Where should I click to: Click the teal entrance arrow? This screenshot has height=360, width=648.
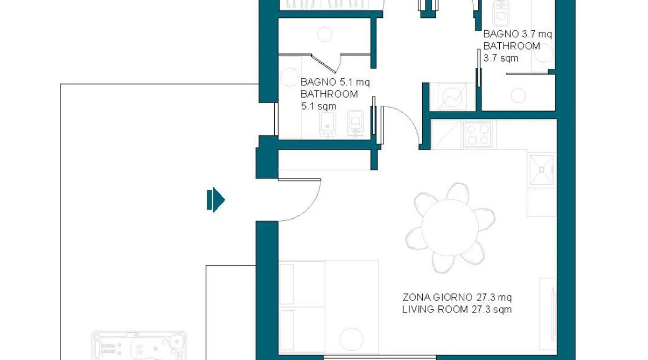(x=216, y=200)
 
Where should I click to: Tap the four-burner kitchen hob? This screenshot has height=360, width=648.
(x=478, y=134)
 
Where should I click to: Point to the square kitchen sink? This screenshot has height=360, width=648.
(x=541, y=170)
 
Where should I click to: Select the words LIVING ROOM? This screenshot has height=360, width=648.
(x=435, y=309)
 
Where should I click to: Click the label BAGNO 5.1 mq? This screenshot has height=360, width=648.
(x=335, y=82)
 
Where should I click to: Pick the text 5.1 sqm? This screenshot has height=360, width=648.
(x=319, y=106)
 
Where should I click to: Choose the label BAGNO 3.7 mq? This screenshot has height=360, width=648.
(x=517, y=34)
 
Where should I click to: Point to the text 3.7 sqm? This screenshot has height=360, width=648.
(x=501, y=58)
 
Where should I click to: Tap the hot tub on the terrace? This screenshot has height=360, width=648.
(x=139, y=346)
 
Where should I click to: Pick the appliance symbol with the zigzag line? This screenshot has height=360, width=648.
(x=452, y=96)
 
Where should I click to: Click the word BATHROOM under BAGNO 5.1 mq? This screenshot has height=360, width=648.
(x=329, y=94)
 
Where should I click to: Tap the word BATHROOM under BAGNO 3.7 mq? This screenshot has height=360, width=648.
(x=512, y=46)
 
